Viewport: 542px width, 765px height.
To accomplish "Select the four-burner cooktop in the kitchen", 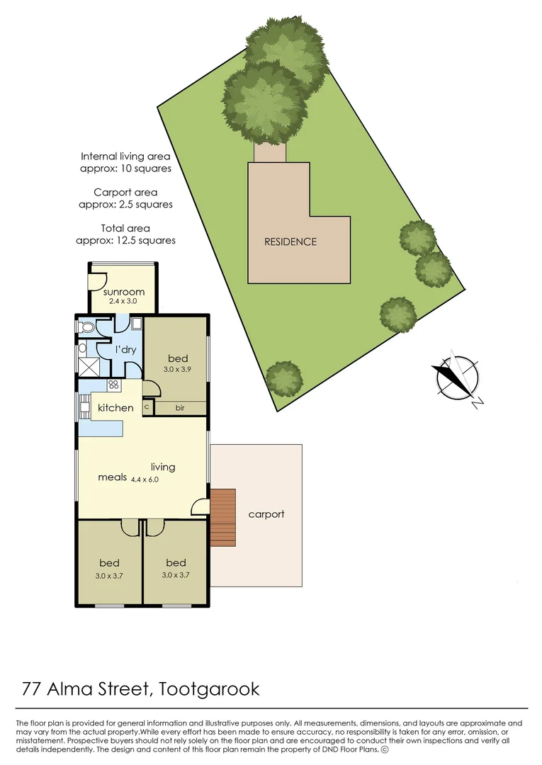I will tap(112, 385).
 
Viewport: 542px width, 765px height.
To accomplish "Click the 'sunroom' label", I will tap(124, 292).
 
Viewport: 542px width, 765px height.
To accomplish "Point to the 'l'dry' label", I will tap(126, 350).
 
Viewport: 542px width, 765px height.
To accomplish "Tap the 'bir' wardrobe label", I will tap(180, 408).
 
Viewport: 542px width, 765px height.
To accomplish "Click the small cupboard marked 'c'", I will tap(147, 407).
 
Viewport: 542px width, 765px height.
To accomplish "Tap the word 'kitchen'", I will tap(115, 407).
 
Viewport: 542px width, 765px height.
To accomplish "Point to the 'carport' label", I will tap(266, 514).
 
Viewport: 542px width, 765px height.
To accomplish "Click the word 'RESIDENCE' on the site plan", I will tap(290, 242).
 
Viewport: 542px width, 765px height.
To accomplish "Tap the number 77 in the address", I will tap(30, 688).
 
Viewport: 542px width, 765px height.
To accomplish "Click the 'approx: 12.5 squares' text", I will tap(125, 241).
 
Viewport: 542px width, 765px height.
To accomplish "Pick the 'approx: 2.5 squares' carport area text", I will tap(125, 204).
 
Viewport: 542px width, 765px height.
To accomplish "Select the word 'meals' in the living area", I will tap(113, 477).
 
